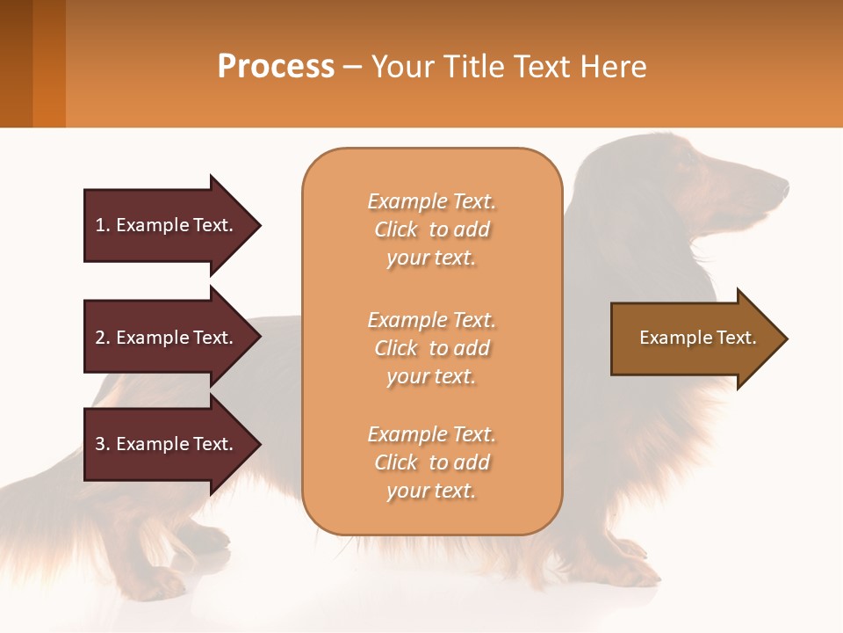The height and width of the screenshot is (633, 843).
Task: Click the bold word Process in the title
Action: (x=276, y=67)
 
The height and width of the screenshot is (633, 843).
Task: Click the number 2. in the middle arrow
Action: (x=103, y=338)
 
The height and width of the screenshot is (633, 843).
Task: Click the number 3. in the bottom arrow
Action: (x=103, y=444)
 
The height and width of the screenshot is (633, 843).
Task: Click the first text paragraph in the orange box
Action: (x=431, y=229)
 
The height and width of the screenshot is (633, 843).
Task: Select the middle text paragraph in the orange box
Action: (x=431, y=348)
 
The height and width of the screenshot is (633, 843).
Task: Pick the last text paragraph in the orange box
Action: (x=431, y=462)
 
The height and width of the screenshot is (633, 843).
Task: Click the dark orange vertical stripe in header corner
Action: (x=48, y=63)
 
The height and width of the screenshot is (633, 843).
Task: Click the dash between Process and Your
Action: (x=353, y=68)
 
